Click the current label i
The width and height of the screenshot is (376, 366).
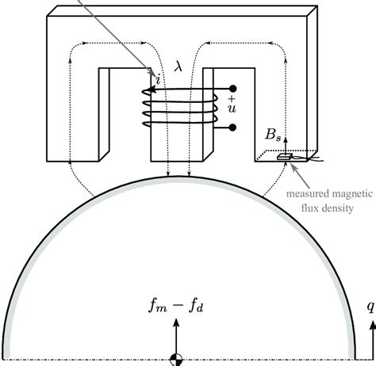158,79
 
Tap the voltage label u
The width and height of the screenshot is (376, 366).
232,109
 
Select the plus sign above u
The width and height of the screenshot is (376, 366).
232,99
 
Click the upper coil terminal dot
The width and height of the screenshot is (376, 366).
232,89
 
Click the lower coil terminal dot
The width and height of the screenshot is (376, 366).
232,128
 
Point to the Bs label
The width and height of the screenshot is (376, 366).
273,135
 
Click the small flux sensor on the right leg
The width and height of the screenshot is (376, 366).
284,157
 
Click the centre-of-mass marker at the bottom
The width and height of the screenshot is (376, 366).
176,360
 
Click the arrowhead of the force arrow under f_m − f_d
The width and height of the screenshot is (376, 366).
176,322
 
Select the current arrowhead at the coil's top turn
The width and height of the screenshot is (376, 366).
151,90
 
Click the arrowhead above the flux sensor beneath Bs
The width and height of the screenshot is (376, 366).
286,139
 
